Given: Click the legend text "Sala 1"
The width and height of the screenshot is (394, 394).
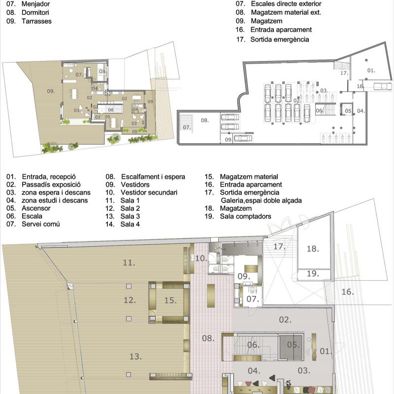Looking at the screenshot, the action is tap(130, 200).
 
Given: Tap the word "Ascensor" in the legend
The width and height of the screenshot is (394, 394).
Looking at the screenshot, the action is tap(36, 208).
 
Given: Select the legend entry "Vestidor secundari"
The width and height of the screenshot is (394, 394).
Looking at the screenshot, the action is tap(149, 192).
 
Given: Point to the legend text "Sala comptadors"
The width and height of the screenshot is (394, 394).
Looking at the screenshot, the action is tap(245, 216).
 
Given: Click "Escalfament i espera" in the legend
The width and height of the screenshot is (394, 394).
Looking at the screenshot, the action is tap(153, 177).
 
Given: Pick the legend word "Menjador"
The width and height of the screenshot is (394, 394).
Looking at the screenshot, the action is tap(35, 4).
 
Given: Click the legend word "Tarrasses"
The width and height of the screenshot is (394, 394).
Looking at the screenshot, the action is tap(36, 21).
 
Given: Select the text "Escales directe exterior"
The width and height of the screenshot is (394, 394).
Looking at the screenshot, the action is tap(286, 4).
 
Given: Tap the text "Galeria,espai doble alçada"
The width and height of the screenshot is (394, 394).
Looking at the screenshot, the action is tap(262, 200).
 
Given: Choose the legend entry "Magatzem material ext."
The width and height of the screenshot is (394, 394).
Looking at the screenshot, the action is tap(286, 12).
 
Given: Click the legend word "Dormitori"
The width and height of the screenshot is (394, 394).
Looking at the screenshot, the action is tap(35, 12).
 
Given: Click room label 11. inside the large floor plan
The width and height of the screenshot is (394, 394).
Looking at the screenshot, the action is tap(129, 263).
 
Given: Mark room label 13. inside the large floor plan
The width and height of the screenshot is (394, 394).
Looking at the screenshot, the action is tap(135, 356).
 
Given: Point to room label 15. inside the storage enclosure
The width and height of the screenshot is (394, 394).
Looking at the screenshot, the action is tap(170, 300).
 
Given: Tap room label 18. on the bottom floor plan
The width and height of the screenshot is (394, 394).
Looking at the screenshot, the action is tap(313, 249).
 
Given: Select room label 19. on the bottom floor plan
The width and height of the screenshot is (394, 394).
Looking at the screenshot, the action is tap(313, 273).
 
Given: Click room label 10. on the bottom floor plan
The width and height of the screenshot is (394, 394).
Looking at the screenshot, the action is tap(201, 258).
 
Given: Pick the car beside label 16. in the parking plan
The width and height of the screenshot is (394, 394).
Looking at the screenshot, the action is tap(383, 87).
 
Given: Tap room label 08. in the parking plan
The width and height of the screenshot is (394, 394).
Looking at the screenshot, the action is tap(205, 120).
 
